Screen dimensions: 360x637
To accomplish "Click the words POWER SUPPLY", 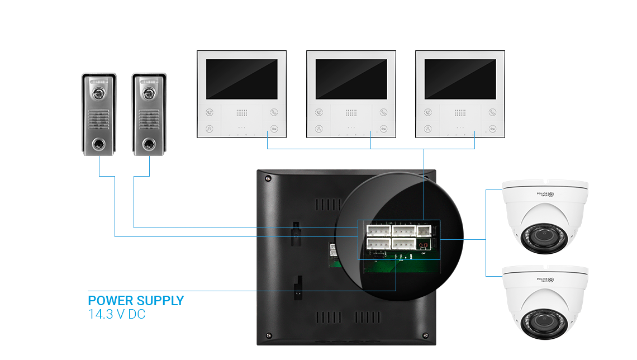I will pos(136,300).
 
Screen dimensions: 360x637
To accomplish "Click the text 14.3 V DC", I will pos(117,315).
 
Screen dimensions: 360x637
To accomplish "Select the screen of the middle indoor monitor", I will pos(351,79).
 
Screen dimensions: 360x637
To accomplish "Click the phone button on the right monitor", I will pos(492,112).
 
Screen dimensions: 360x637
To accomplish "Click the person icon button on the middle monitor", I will pos(318,128).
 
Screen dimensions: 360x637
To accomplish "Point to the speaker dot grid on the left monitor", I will pos(241,113).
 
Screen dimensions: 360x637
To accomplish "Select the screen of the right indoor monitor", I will pos(460,79).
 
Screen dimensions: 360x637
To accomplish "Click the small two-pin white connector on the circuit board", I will pos(424,230).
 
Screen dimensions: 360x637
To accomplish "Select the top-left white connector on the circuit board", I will pos(378,230).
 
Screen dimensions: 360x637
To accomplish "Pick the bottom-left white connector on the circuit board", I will pos(378,244).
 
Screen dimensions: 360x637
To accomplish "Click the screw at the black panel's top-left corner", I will pos(268,179).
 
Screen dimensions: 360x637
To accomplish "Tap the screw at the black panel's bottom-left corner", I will pos(268,336).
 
